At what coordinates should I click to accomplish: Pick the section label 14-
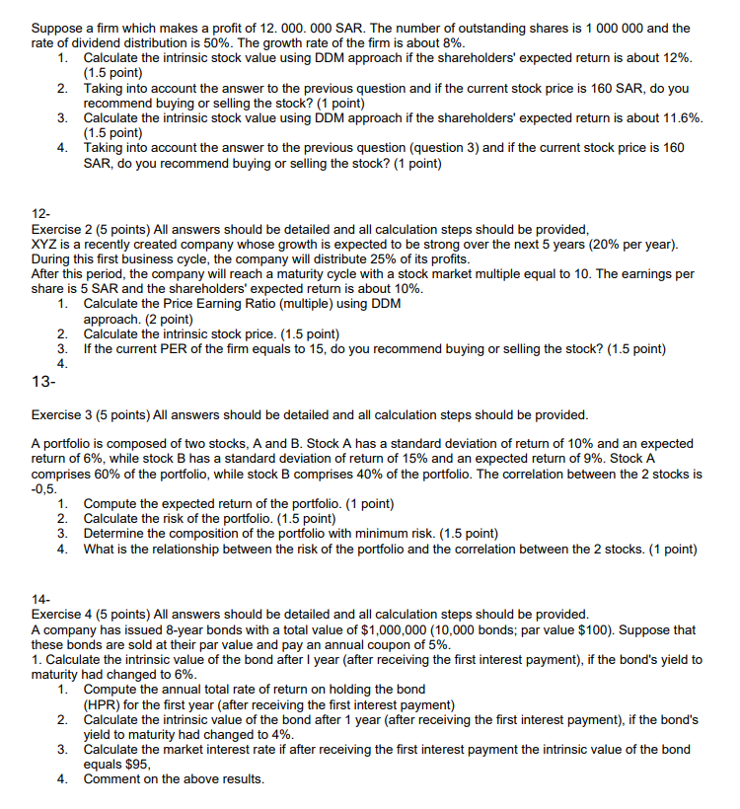(x=40, y=599)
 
